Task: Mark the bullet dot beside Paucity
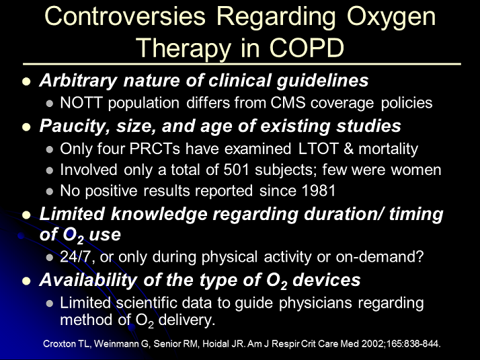pyautogui.click(x=27, y=127)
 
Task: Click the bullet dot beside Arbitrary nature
pyautogui.click(x=27, y=81)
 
